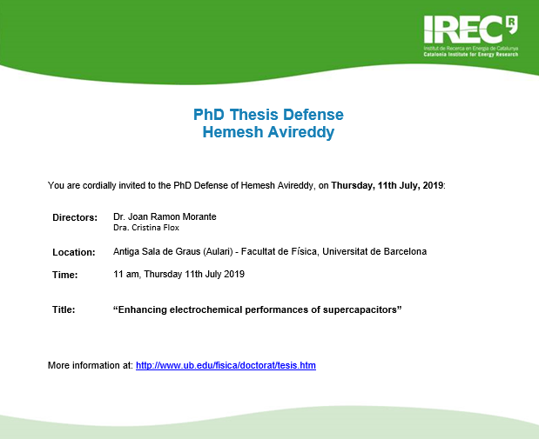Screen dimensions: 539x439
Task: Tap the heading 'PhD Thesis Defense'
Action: tap(268, 115)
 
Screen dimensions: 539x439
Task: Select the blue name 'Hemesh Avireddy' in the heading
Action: tap(268, 132)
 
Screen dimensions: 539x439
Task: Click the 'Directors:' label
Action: tap(75, 217)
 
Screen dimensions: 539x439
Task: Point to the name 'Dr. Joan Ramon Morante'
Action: tap(165, 217)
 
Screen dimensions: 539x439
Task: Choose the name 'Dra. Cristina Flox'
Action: tap(146, 228)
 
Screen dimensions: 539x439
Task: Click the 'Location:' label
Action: tap(73, 252)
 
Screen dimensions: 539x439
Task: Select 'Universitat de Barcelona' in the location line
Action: tap(374, 251)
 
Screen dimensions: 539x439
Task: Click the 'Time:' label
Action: tap(65, 275)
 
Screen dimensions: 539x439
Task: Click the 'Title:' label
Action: tap(64, 309)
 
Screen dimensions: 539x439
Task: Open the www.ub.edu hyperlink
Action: tap(226, 366)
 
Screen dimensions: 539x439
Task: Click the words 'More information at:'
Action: tap(91, 365)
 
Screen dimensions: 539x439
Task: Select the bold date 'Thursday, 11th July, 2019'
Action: tap(387, 186)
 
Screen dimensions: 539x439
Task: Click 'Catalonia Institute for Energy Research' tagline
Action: tap(470, 55)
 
